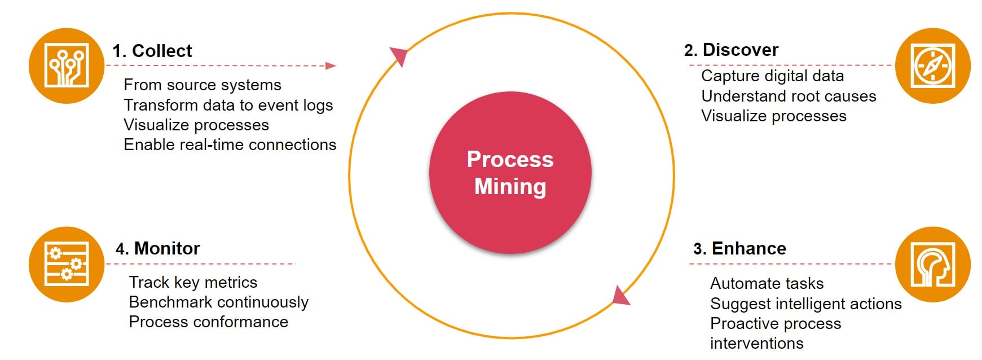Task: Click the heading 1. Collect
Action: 152,51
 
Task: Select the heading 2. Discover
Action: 731,50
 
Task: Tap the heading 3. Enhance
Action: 739,248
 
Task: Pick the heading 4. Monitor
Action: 157,248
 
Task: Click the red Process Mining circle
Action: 510,173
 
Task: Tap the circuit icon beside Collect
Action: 67,65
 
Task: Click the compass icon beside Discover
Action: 932,65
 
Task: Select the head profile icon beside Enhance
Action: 932,264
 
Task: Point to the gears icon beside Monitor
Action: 67,264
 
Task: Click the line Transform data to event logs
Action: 228,105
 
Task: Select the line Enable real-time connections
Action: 230,144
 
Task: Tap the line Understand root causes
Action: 789,96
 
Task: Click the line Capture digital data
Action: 772,76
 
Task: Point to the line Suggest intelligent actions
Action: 805,304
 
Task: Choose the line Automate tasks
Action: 767,283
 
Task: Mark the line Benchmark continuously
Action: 218,302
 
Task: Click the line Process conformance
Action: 208,322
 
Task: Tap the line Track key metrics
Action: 193,282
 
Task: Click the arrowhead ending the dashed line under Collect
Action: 331,66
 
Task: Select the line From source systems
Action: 202,85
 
